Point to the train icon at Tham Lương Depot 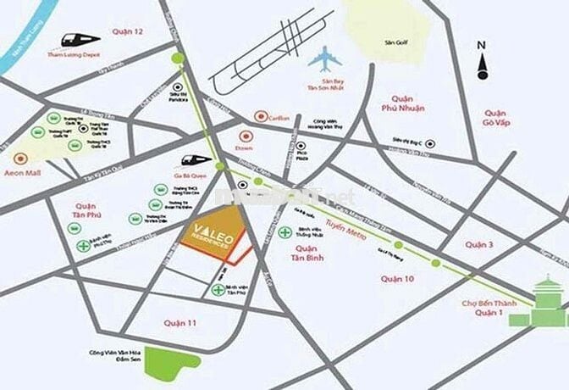pyautogui.click(x=80, y=40)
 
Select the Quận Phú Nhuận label pyautogui.click(x=401, y=103)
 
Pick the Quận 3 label pyautogui.click(x=478, y=244)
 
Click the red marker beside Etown pyautogui.click(x=246, y=135)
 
